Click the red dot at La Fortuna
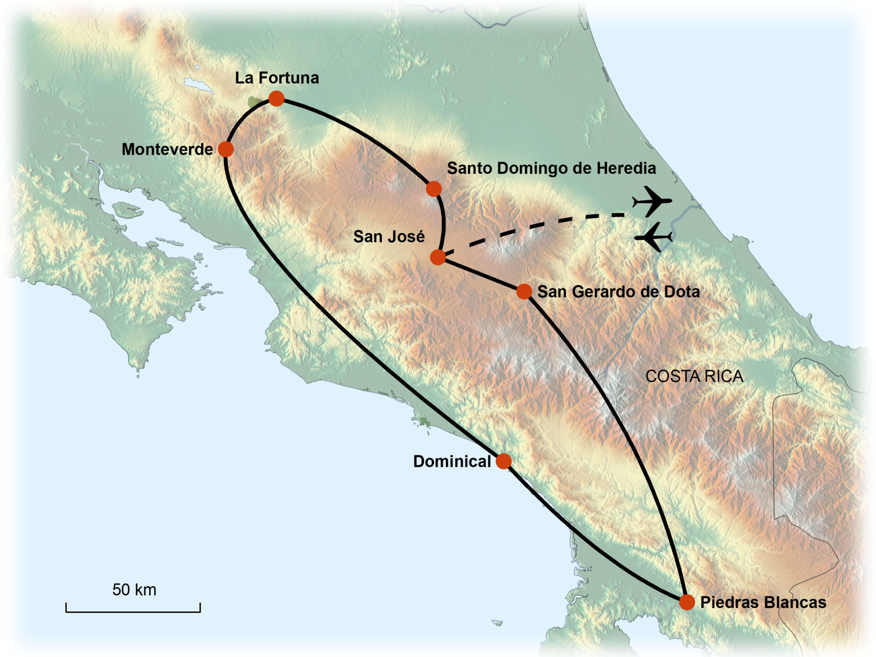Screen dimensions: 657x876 [x=276, y=99]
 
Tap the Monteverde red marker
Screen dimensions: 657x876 [x=226, y=149]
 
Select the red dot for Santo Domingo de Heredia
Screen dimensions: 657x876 [x=434, y=188]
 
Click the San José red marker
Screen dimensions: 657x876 [x=438, y=257]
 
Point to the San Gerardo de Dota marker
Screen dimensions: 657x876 [x=524, y=291]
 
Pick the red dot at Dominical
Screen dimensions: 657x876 [x=504, y=461]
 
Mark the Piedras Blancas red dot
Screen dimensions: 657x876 [x=687, y=602]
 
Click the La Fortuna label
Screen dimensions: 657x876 [x=277, y=78]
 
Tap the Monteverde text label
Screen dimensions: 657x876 [x=167, y=149]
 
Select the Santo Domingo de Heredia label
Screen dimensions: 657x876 [x=551, y=168]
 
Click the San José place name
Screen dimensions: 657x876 [x=389, y=236]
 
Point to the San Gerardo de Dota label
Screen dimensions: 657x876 [x=618, y=292]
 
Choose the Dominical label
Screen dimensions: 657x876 [x=452, y=461]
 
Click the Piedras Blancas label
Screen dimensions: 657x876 [x=763, y=602]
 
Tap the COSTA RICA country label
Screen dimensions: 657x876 [x=694, y=376]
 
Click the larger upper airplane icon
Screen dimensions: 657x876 [x=652, y=201]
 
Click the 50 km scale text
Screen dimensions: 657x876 [x=134, y=589]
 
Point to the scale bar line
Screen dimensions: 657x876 [x=133, y=611]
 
